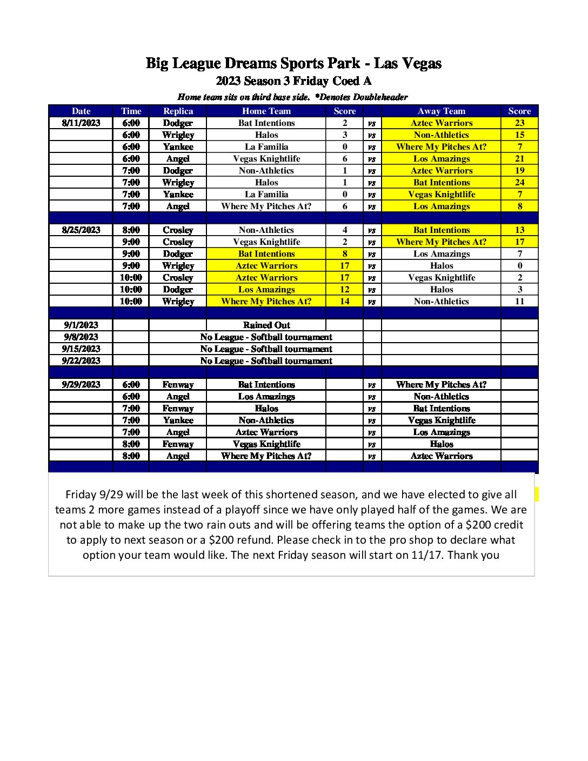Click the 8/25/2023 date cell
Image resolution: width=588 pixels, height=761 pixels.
[x=81, y=230]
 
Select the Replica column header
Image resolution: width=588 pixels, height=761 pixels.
[x=178, y=111]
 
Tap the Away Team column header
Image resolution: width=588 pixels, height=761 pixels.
[x=441, y=111]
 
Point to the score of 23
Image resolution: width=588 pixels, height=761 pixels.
[x=519, y=123]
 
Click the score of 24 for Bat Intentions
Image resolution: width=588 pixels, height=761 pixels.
[x=519, y=182]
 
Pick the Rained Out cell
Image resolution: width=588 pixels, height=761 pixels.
[x=266, y=325]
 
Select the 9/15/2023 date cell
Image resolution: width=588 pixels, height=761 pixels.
[x=81, y=349]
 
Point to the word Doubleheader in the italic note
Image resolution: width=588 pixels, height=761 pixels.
[x=380, y=97]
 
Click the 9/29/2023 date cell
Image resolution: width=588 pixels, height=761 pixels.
[x=81, y=384]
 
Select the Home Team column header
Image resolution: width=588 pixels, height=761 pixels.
[x=266, y=111]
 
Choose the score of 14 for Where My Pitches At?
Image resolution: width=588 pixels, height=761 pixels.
[x=345, y=301]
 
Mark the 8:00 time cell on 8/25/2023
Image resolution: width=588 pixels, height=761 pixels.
[x=131, y=230]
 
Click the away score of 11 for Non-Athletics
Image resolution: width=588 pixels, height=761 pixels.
[x=519, y=301]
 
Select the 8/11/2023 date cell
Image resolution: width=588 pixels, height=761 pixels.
[x=81, y=123]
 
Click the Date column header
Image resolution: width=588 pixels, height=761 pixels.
[x=81, y=111]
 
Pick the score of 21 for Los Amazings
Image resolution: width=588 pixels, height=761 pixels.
[x=519, y=158]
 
